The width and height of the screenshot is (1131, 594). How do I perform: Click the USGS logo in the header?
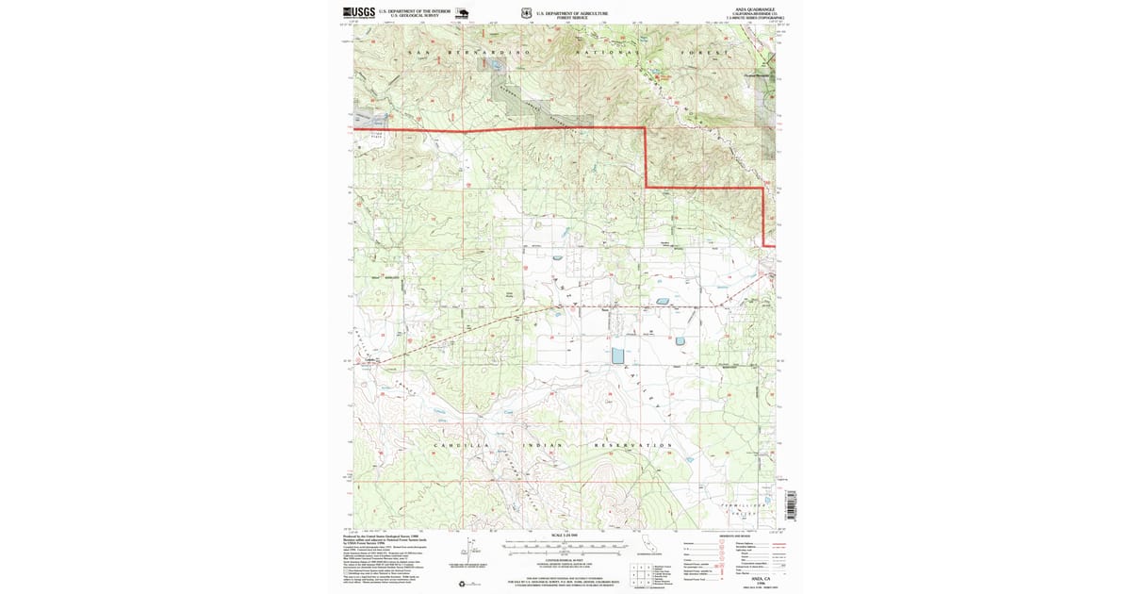point(359,13)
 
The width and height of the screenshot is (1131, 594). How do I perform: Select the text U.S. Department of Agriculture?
point(572,12)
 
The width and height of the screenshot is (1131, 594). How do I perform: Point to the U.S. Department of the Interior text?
point(415,12)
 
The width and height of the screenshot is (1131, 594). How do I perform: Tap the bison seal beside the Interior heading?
point(463,14)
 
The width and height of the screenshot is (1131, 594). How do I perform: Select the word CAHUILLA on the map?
point(459,444)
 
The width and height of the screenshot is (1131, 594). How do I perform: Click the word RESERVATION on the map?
point(635,444)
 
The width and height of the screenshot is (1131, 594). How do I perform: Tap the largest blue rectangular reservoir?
point(617,355)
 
